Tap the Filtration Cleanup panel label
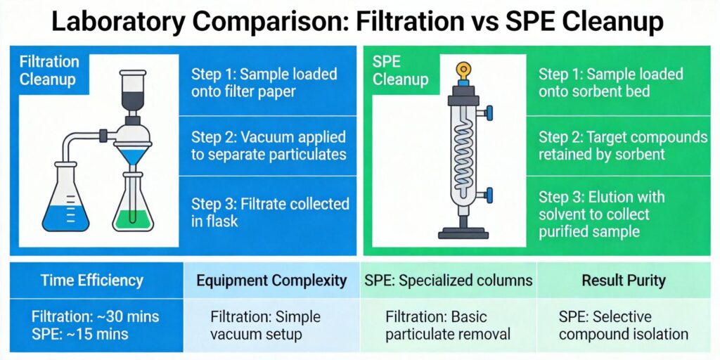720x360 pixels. [49, 70]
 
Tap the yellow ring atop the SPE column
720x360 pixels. [462, 70]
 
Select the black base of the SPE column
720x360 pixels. [462, 232]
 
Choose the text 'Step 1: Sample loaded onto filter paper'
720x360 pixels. [264, 82]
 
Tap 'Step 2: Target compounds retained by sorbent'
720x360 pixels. [623, 144]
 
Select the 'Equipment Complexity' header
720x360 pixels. [271, 281]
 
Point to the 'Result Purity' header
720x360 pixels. [623, 281]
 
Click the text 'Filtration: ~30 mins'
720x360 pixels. [96, 316]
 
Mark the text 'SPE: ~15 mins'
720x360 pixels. [80, 333]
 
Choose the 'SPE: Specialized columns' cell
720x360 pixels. [448, 281]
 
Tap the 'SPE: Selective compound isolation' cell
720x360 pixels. [623, 325]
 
